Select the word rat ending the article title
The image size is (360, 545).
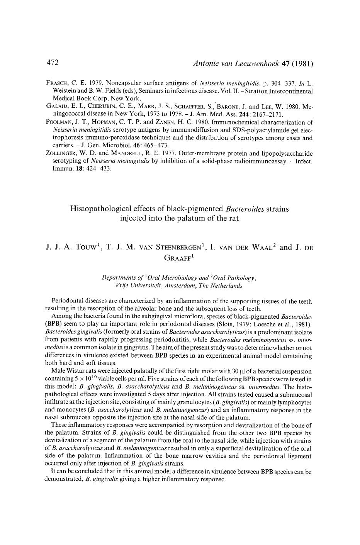pos(233,218)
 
